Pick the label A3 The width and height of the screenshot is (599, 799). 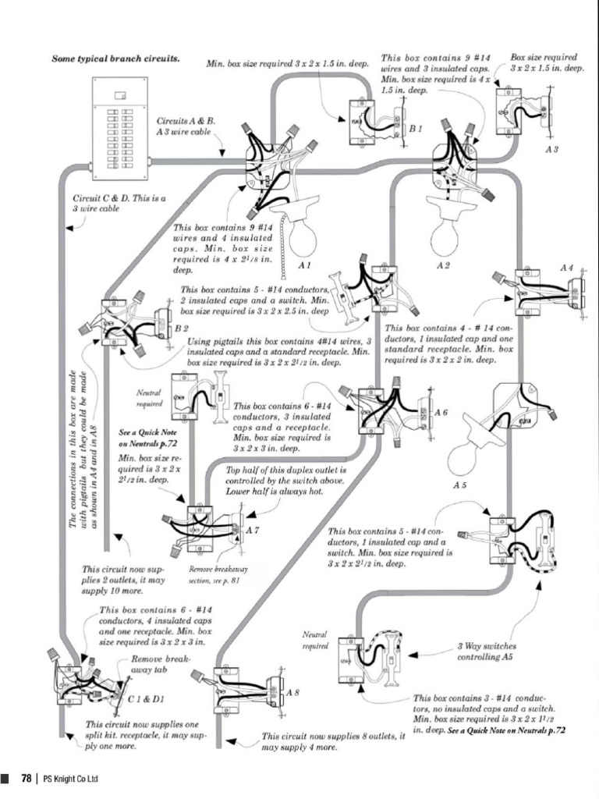click(x=551, y=149)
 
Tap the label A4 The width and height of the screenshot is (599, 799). click(x=567, y=268)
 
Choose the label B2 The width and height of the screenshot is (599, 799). click(x=181, y=328)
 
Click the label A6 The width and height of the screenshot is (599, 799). click(x=441, y=411)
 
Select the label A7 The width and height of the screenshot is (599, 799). click(x=253, y=531)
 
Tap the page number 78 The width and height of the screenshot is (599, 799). click(x=27, y=778)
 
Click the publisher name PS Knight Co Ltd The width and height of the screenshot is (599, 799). click(x=71, y=779)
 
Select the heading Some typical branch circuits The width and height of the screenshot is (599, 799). click(x=115, y=59)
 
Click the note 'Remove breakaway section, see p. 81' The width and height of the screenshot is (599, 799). click(x=214, y=575)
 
